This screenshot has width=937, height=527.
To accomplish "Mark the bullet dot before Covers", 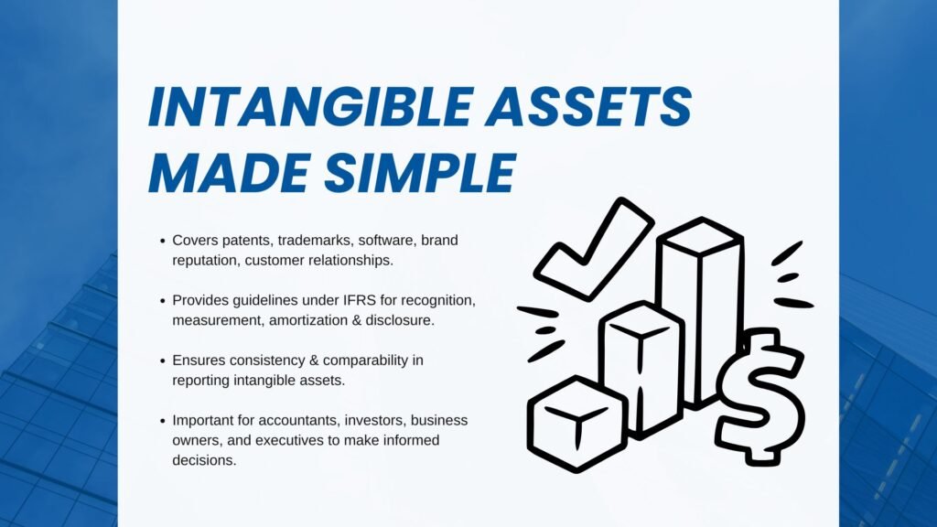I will pos(161,241).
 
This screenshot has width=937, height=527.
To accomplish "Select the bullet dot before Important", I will pos(161,420).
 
